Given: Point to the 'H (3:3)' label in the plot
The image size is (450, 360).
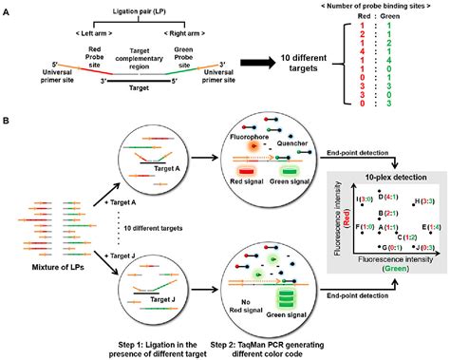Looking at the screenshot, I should click(422, 201).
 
